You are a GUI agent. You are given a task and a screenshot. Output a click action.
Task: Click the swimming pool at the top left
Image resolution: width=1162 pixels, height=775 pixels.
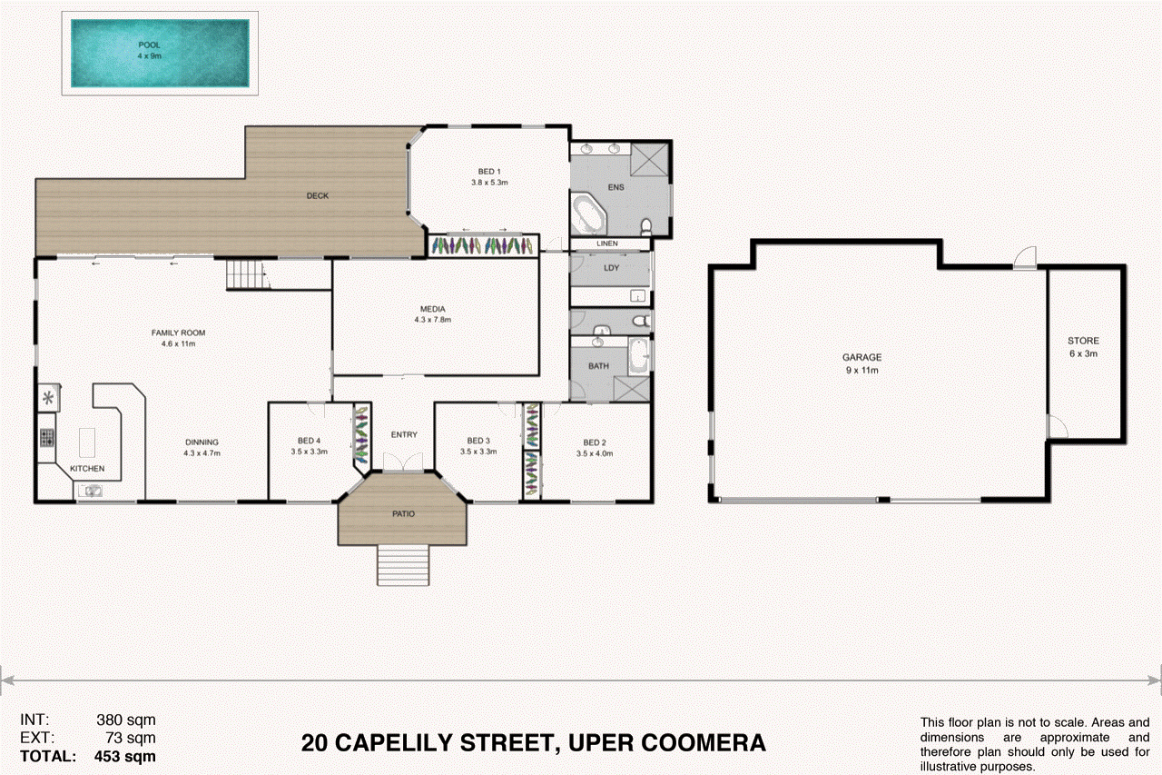pyautogui.click(x=160, y=53)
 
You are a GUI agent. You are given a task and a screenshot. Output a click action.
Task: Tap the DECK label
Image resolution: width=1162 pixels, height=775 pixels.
pyautogui.click(x=317, y=195)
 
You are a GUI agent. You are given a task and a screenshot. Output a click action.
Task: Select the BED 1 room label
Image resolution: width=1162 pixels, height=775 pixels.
pyautogui.click(x=489, y=172)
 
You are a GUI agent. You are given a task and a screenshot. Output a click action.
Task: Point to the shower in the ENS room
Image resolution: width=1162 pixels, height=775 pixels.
pyautogui.click(x=648, y=160)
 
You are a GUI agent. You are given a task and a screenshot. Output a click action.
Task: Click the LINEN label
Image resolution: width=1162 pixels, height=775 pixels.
pyautogui.click(x=607, y=244)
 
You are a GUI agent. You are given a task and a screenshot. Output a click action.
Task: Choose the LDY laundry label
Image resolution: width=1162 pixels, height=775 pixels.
pyautogui.click(x=611, y=267)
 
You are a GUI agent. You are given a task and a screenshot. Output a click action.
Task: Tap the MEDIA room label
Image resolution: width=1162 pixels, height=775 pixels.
pyautogui.click(x=432, y=309)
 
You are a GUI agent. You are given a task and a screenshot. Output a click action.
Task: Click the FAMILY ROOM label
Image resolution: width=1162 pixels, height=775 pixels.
pyautogui.click(x=179, y=333)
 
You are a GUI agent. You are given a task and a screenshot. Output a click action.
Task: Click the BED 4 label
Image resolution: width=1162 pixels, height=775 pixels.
pyautogui.click(x=310, y=441)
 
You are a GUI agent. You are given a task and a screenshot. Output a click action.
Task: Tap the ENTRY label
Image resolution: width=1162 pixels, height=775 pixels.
pyautogui.click(x=404, y=434)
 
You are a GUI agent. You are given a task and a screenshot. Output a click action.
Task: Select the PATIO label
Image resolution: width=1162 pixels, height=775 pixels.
pyautogui.click(x=403, y=514)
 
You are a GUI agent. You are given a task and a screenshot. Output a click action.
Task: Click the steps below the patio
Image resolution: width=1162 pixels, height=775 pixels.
pyautogui.click(x=403, y=564)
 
